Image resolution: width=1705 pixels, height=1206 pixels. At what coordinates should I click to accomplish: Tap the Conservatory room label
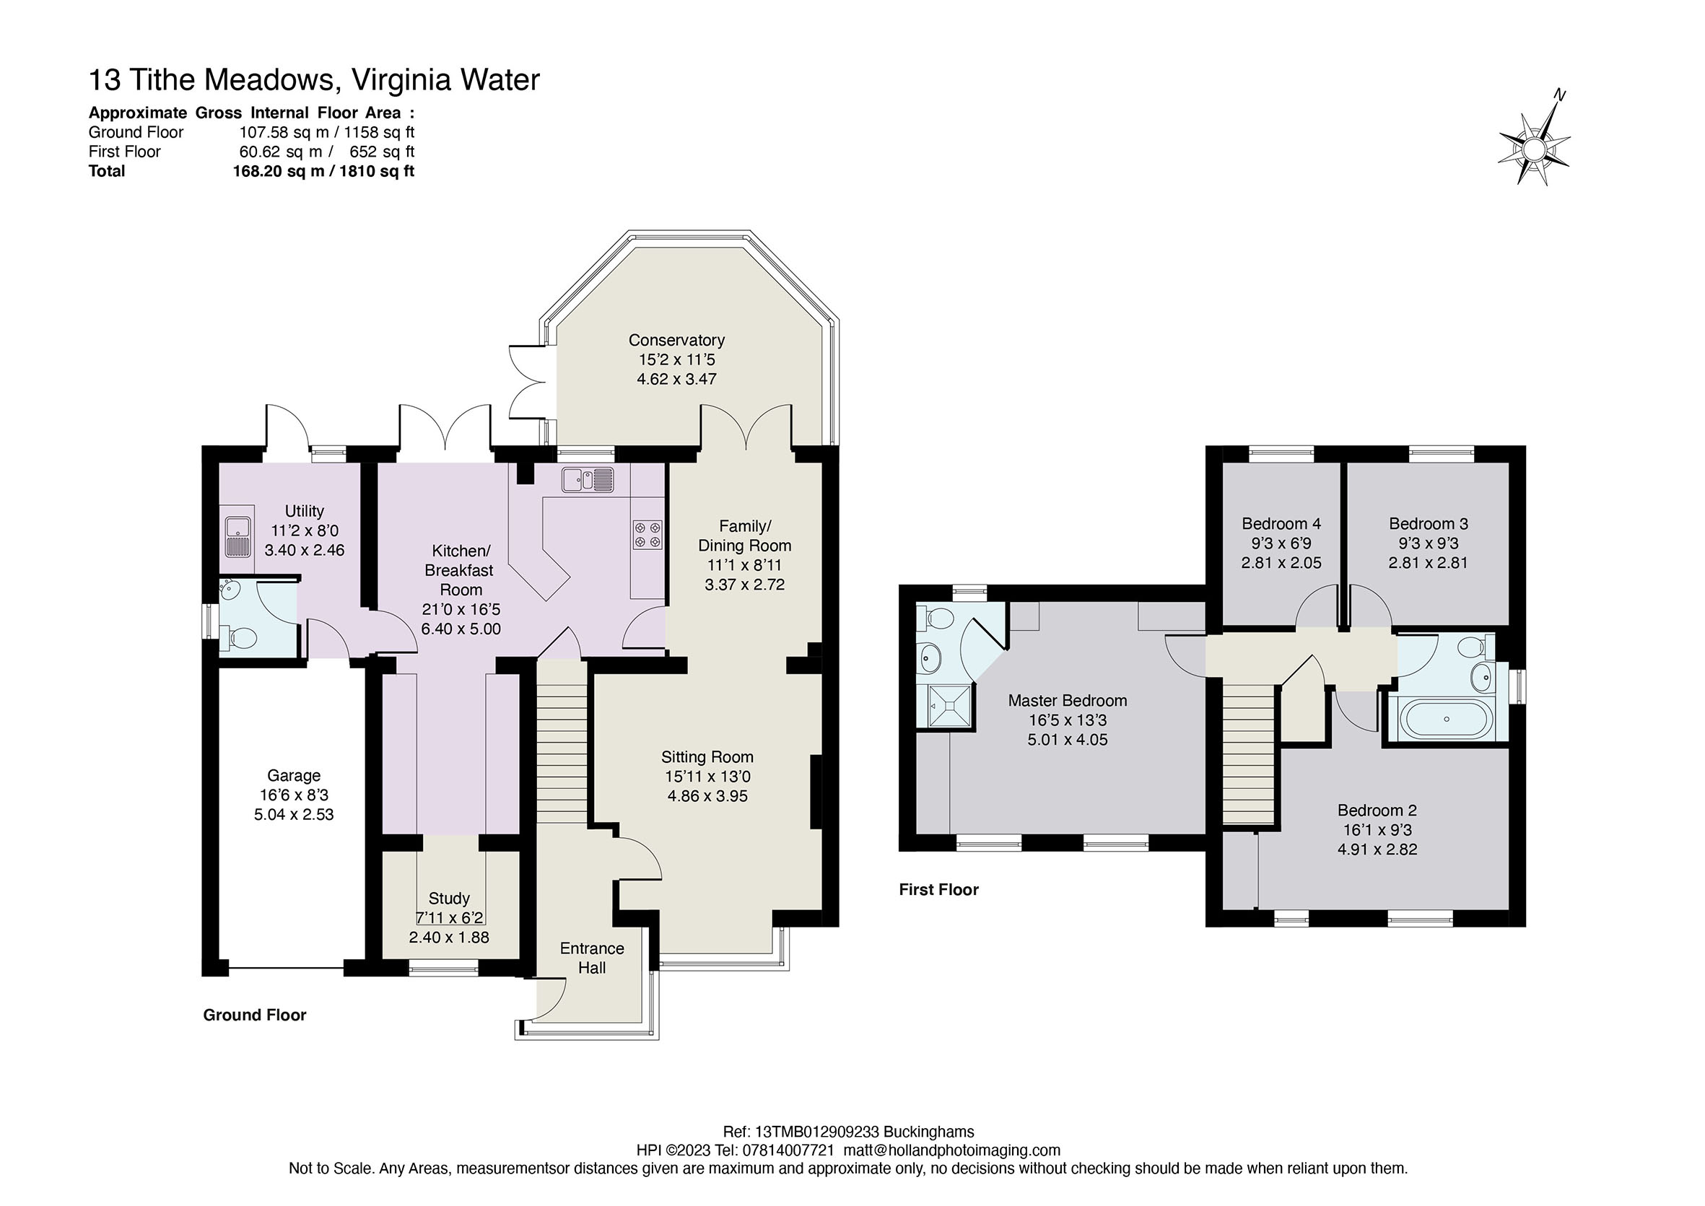676,340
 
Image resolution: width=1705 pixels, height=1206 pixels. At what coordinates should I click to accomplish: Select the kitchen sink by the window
588,481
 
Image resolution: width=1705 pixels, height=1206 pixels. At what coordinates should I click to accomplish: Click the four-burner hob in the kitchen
647,536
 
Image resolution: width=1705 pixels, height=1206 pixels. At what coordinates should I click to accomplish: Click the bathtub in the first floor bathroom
1446,719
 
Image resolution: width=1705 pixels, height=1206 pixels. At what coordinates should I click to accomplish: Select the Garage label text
294,775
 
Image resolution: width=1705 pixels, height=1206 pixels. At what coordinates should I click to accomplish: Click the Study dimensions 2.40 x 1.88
448,938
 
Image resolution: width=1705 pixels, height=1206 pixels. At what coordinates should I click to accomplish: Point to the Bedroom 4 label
1281,523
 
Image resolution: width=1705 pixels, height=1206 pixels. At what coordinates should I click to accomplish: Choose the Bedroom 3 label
1428,523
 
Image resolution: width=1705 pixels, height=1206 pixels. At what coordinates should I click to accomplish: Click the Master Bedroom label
1067,700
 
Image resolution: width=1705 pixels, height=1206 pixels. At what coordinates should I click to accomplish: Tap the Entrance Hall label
592,958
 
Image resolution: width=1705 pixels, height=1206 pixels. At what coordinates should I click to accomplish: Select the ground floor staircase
562,743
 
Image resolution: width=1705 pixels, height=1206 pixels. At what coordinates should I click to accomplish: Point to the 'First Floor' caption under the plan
938,890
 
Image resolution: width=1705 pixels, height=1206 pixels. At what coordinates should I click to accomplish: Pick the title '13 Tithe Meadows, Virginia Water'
314,79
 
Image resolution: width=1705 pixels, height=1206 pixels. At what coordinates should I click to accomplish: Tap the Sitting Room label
707,756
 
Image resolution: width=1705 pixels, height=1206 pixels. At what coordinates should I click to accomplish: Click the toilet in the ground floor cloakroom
242,637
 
